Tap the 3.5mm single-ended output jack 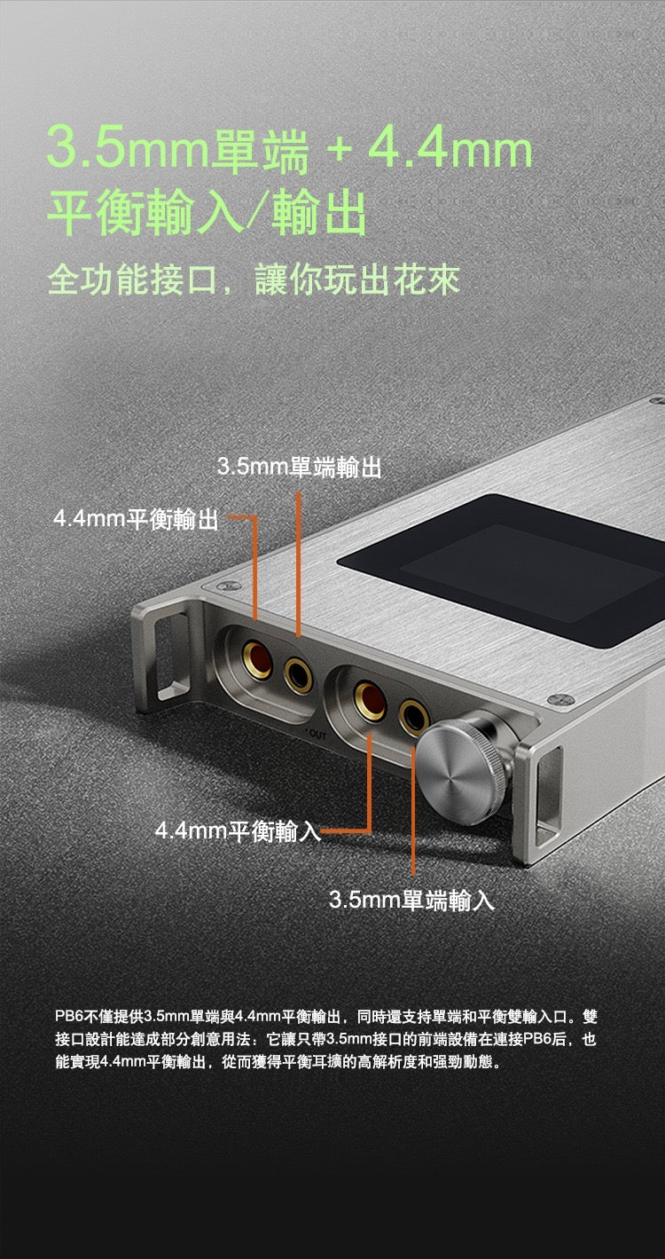click(x=298, y=675)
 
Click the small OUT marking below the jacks click(x=316, y=736)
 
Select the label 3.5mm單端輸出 click(x=300, y=467)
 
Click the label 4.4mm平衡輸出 click(x=136, y=518)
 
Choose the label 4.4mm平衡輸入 click(x=239, y=830)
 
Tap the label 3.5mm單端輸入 click(x=411, y=900)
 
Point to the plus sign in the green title click(x=338, y=151)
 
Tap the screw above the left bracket click(x=229, y=586)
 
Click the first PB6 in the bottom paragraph click(x=68, y=1016)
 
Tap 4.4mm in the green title click(x=450, y=150)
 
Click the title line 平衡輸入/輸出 click(x=207, y=214)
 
